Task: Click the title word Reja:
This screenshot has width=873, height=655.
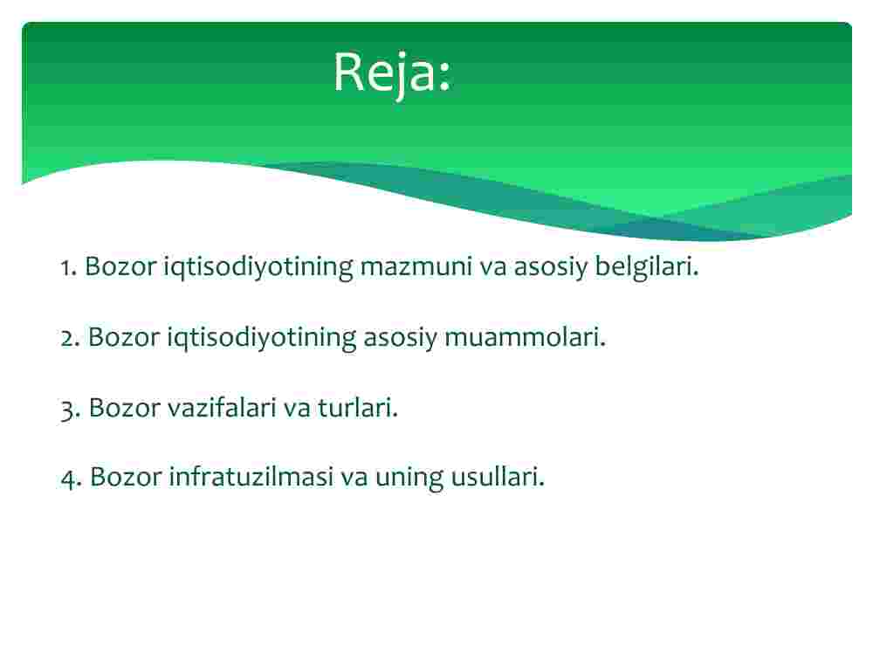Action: point(392,73)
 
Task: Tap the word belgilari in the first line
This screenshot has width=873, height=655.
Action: point(646,266)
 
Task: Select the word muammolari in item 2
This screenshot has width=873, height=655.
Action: point(525,337)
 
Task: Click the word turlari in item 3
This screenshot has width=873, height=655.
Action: point(357,408)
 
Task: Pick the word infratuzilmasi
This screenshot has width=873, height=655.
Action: point(251,477)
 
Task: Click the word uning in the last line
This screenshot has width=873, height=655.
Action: point(409,479)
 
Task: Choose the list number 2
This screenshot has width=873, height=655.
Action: point(70,338)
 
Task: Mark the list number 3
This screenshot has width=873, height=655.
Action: point(70,410)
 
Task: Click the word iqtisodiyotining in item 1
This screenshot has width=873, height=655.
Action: point(258,267)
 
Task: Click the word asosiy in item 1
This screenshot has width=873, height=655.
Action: point(550,267)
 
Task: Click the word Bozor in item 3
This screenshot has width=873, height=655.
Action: point(124,408)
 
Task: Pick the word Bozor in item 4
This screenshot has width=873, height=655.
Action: point(125,477)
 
